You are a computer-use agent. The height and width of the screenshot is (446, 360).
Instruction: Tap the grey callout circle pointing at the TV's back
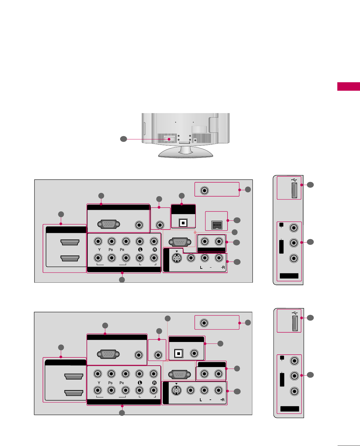click(x=123, y=139)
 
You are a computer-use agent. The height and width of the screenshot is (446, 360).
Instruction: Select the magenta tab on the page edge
click(x=349, y=86)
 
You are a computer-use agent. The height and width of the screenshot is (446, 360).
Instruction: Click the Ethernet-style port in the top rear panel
click(x=217, y=225)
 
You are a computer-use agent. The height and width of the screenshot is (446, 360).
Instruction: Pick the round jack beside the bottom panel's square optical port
click(x=194, y=353)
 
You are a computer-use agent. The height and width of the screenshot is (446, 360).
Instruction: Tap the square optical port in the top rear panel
click(x=183, y=223)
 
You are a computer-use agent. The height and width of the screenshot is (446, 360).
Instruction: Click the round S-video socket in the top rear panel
click(x=177, y=258)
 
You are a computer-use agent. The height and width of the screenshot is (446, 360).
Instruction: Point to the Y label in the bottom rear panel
click(x=99, y=383)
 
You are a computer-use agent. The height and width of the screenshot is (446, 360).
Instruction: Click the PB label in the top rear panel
click(x=111, y=250)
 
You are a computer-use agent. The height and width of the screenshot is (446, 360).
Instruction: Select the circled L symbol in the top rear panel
click(x=140, y=250)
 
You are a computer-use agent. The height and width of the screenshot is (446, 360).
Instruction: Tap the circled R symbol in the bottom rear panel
click(x=154, y=383)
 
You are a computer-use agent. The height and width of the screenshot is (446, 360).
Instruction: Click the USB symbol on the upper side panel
click(x=294, y=180)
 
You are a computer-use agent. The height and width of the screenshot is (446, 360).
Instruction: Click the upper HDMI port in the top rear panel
click(x=70, y=243)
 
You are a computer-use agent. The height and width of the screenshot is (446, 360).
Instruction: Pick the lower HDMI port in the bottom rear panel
click(x=74, y=393)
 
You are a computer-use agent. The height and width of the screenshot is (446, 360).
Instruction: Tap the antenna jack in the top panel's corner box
click(x=205, y=191)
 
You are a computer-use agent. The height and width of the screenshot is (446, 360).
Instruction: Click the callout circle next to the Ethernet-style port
click(x=237, y=220)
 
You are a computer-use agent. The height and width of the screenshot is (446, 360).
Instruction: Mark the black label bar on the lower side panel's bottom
click(x=290, y=409)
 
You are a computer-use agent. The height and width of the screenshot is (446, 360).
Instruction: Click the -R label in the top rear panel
click(x=223, y=268)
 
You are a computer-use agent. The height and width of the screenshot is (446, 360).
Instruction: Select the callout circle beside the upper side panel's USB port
click(x=310, y=185)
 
